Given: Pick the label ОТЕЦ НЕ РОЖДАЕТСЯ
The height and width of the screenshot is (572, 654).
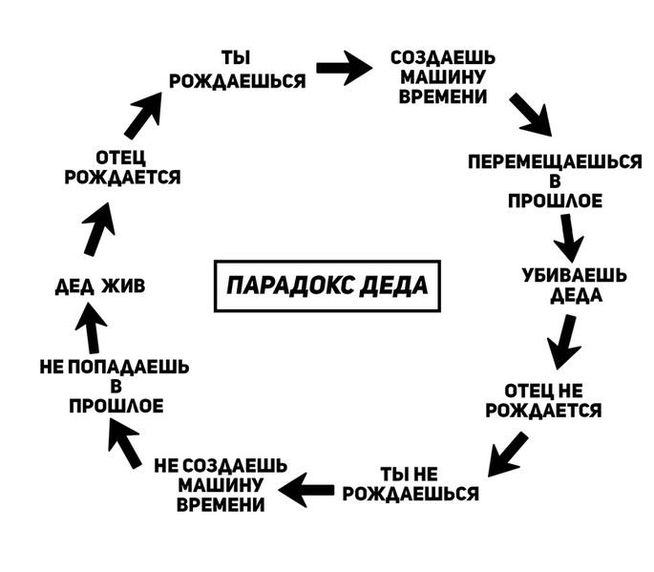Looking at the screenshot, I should point(542,401).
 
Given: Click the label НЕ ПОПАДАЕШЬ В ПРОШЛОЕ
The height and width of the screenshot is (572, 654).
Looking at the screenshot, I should point(115,386).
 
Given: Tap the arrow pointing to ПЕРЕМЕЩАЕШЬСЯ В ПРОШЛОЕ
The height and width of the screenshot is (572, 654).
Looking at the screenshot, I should point(531,115).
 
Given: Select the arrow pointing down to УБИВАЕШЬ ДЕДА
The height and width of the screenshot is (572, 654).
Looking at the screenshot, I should point(570,236).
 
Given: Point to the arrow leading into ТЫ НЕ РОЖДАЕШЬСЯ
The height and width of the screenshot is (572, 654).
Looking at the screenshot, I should point(507,453).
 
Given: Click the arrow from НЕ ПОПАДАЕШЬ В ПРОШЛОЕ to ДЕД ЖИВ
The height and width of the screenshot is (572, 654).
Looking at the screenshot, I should point(123,444).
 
